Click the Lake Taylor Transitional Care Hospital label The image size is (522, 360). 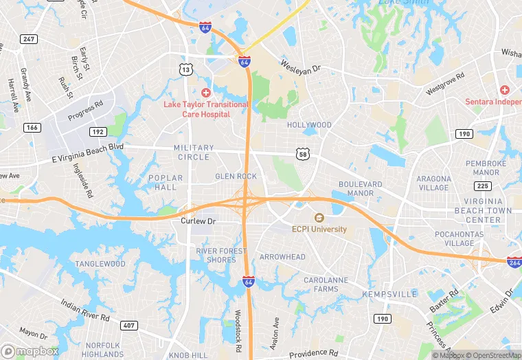(205, 109)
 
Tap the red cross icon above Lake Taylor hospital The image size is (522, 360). (205, 92)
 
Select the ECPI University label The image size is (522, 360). (319, 229)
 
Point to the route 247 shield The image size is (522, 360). (28, 39)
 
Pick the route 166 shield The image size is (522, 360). (32, 127)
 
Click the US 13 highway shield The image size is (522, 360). (185, 69)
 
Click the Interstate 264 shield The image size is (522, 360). (514, 262)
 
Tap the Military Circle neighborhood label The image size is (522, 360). (194, 153)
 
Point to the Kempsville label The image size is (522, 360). (389, 294)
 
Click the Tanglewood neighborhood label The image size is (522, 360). (100, 264)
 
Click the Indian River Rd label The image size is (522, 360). (84, 310)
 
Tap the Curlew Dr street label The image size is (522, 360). (198, 221)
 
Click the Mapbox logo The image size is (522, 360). (31, 351)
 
